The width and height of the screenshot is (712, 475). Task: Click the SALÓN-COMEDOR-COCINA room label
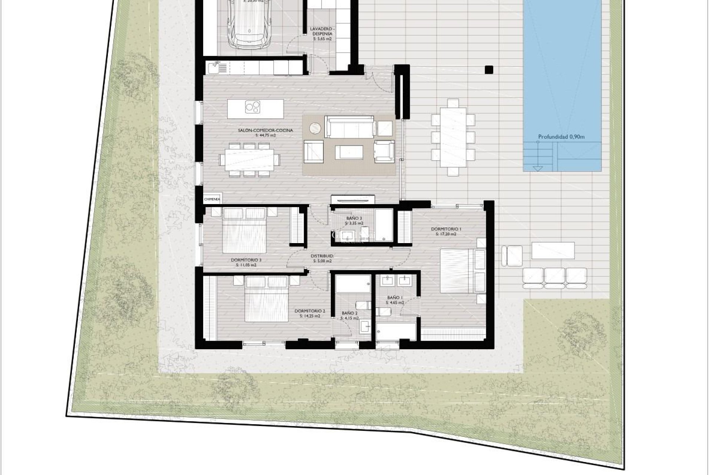[x=266, y=130]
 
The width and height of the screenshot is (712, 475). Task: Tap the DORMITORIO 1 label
[x=444, y=229]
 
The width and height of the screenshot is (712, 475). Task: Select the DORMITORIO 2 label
[x=310, y=311]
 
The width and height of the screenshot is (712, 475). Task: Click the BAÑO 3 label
[x=354, y=219]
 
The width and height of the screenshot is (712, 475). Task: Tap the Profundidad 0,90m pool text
[x=561, y=137]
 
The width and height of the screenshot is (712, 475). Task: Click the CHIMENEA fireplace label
[x=212, y=199]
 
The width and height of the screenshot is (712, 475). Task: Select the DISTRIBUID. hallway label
[x=322, y=256]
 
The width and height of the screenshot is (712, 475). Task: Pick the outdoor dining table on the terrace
[x=453, y=137]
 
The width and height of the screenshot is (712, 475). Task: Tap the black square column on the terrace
[x=489, y=69]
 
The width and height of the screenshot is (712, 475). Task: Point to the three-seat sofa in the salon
[x=349, y=127]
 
